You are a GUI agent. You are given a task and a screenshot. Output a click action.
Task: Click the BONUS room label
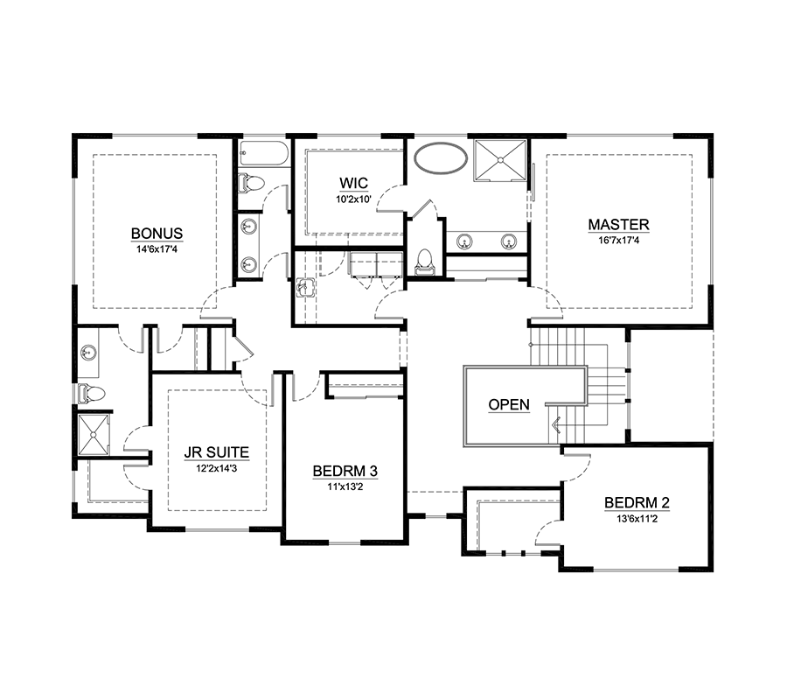[157, 234]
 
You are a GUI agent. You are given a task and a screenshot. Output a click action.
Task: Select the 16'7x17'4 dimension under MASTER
[618, 241]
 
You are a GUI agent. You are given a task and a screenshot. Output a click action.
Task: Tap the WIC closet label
[353, 184]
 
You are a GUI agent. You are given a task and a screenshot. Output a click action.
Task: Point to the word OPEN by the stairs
[508, 405]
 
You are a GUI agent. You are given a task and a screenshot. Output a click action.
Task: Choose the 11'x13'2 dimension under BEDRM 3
[345, 487]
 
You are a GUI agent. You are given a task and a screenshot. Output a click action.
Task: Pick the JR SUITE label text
[216, 452]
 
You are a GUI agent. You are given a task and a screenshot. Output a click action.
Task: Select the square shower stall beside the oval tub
[501, 160]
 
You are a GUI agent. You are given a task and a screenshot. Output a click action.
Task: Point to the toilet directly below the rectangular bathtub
[251, 184]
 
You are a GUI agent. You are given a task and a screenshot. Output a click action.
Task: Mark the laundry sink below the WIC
[303, 285]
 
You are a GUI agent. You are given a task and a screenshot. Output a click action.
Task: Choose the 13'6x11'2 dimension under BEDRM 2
[637, 519]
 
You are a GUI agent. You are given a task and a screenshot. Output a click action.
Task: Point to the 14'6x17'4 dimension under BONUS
[157, 249]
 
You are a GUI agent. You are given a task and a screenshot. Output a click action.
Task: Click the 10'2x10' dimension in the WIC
[353, 199]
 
